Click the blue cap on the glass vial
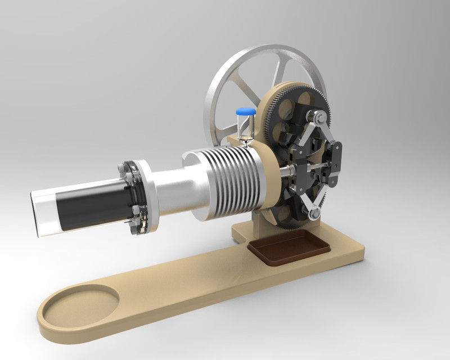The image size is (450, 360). point(245,111)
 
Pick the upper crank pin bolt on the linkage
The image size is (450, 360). point(319,118)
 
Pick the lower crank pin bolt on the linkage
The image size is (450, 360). point(313,213)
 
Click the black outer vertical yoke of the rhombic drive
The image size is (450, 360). point(336,163)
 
